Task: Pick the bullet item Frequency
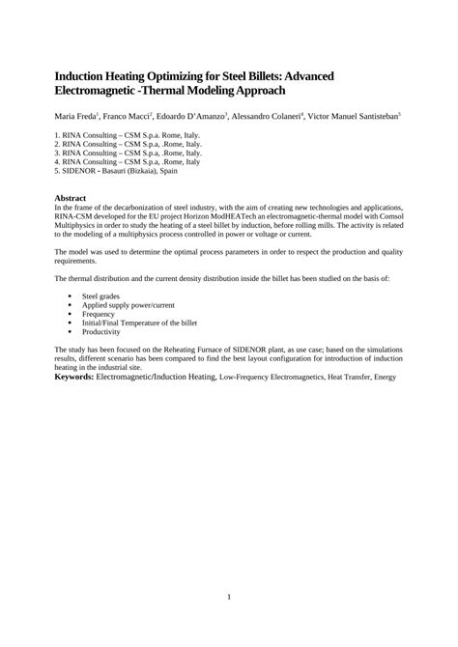(100, 314)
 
